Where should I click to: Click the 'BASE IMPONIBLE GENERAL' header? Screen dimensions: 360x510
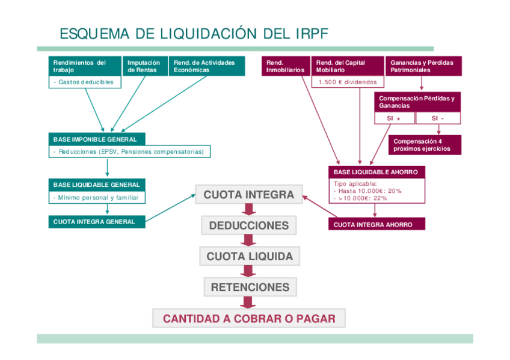coord(96,139)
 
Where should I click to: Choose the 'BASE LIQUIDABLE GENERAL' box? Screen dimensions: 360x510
coord(97,185)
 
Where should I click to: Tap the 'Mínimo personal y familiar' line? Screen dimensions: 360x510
coord(97,197)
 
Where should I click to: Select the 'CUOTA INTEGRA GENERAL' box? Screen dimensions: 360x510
coord(97,222)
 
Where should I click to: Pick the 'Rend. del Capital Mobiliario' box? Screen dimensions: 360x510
coord(348,66)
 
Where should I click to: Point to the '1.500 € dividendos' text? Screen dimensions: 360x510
coord(348,82)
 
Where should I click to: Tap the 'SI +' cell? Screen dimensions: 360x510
coord(394,118)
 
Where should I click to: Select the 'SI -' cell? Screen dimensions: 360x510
coord(438,118)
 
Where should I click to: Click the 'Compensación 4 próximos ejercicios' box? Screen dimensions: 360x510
coord(425,145)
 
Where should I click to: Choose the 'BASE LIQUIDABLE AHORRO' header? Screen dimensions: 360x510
coord(376,172)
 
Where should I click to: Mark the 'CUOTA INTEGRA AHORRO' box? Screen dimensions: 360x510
coord(376,224)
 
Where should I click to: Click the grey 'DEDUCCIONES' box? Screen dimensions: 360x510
coord(249,225)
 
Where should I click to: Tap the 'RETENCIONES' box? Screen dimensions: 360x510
coord(250,287)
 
